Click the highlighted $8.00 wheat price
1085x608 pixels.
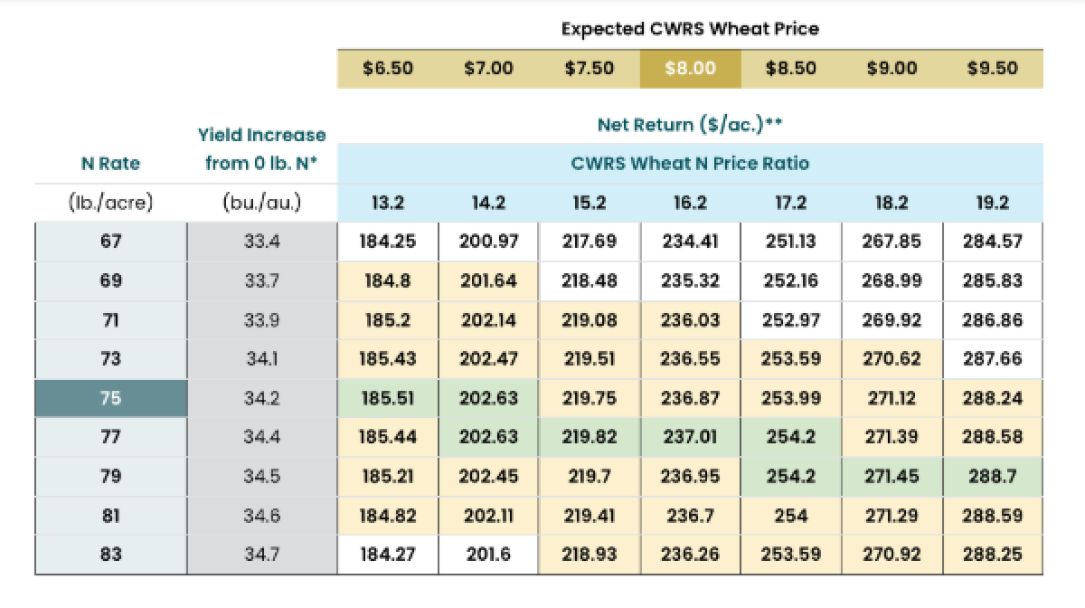690,69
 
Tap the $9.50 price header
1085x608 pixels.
992,69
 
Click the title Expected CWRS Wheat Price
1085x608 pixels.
690,28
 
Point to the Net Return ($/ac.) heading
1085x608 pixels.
690,124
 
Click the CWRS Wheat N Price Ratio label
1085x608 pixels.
690,164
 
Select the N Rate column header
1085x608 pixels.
110,164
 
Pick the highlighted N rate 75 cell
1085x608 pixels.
110,398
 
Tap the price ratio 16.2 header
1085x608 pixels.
690,204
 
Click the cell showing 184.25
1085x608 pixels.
388,242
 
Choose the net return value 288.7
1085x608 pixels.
992,477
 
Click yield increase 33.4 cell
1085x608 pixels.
261,242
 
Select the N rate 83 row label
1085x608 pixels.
110,555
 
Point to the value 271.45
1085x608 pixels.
892,477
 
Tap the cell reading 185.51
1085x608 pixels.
388,398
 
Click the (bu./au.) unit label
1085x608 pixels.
261,204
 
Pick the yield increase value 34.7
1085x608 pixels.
261,555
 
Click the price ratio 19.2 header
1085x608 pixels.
992,204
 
